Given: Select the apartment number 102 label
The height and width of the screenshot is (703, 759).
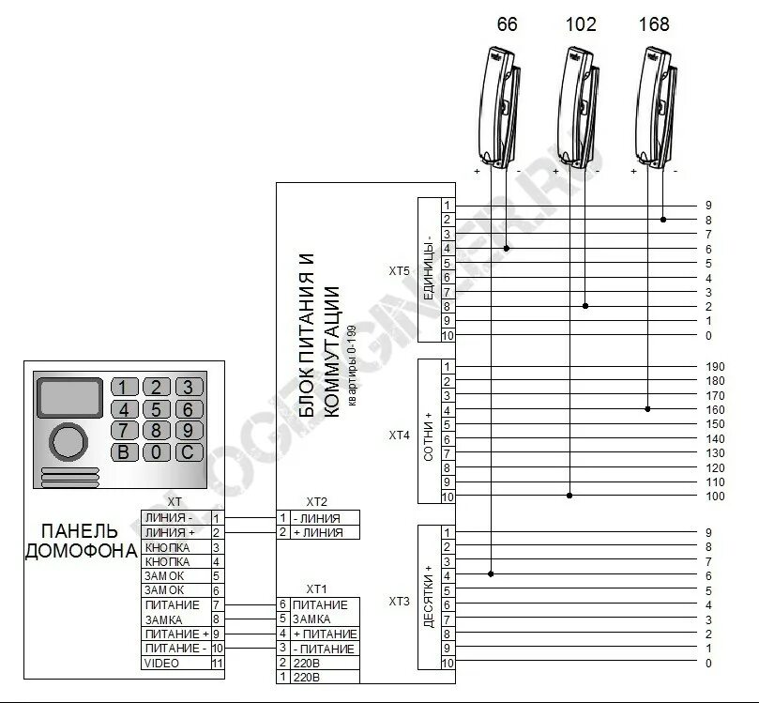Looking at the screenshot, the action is (581, 25).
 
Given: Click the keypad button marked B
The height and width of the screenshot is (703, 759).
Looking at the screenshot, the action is (125, 451).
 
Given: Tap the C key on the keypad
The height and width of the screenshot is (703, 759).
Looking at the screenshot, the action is (188, 451).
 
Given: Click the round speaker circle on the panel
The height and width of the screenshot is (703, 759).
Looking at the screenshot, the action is (68, 440).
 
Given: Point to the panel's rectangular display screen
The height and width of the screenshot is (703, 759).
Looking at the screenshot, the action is (68, 397).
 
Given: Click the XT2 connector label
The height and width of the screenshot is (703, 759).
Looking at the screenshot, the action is (317, 502).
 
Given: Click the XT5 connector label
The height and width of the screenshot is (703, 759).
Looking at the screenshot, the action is (400, 271).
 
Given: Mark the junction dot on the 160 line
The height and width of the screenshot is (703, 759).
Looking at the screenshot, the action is (648, 409).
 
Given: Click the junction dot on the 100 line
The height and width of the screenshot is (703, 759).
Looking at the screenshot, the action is (569, 496).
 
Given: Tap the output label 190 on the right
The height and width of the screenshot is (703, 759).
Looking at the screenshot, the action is (713, 366).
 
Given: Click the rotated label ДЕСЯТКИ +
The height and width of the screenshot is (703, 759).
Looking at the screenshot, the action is (429, 597).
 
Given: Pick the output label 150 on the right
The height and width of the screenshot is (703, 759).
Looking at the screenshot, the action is (713, 424).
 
